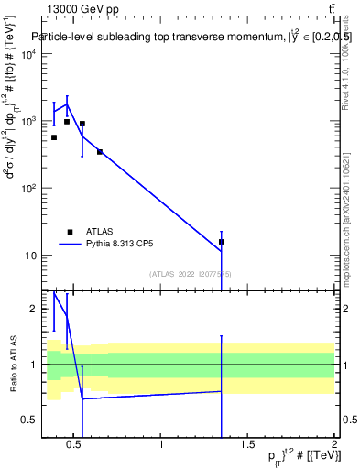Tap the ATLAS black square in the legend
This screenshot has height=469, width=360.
point(71,232)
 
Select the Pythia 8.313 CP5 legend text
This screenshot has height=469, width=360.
point(119,245)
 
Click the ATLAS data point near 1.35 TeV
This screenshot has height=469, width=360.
point(222,242)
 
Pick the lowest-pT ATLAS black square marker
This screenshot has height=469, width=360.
point(54,137)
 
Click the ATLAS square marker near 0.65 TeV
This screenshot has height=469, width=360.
point(100,152)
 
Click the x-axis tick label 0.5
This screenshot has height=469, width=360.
point(75,446)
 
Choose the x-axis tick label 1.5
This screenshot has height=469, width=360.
point(247,446)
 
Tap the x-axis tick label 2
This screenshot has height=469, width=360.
point(334,446)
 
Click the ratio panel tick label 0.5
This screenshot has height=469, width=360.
point(28,420)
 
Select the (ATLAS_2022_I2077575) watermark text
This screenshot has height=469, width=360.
point(191,274)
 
